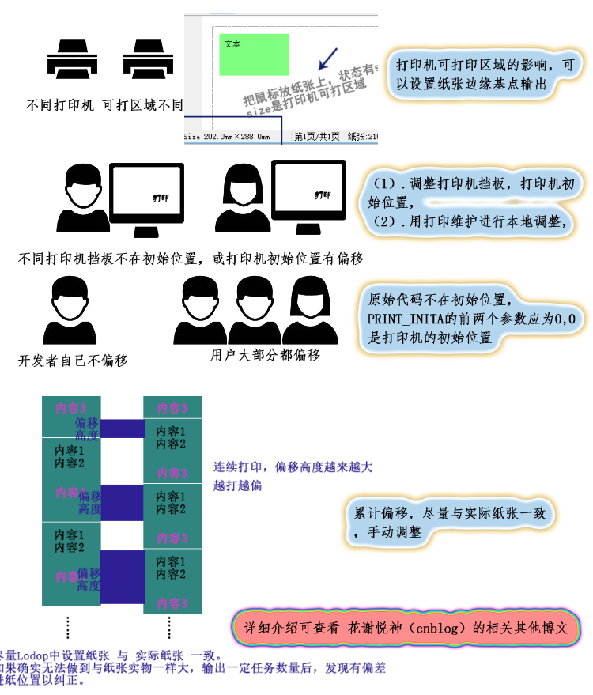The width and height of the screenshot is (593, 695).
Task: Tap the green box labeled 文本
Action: click(254, 54)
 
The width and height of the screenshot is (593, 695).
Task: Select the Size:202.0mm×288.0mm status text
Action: click(228, 137)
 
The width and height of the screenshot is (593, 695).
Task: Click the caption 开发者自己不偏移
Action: click(73, 361)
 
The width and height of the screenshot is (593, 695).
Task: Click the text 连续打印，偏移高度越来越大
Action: click(293, 467)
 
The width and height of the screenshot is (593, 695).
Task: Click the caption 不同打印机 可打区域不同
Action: click(104, 104)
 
